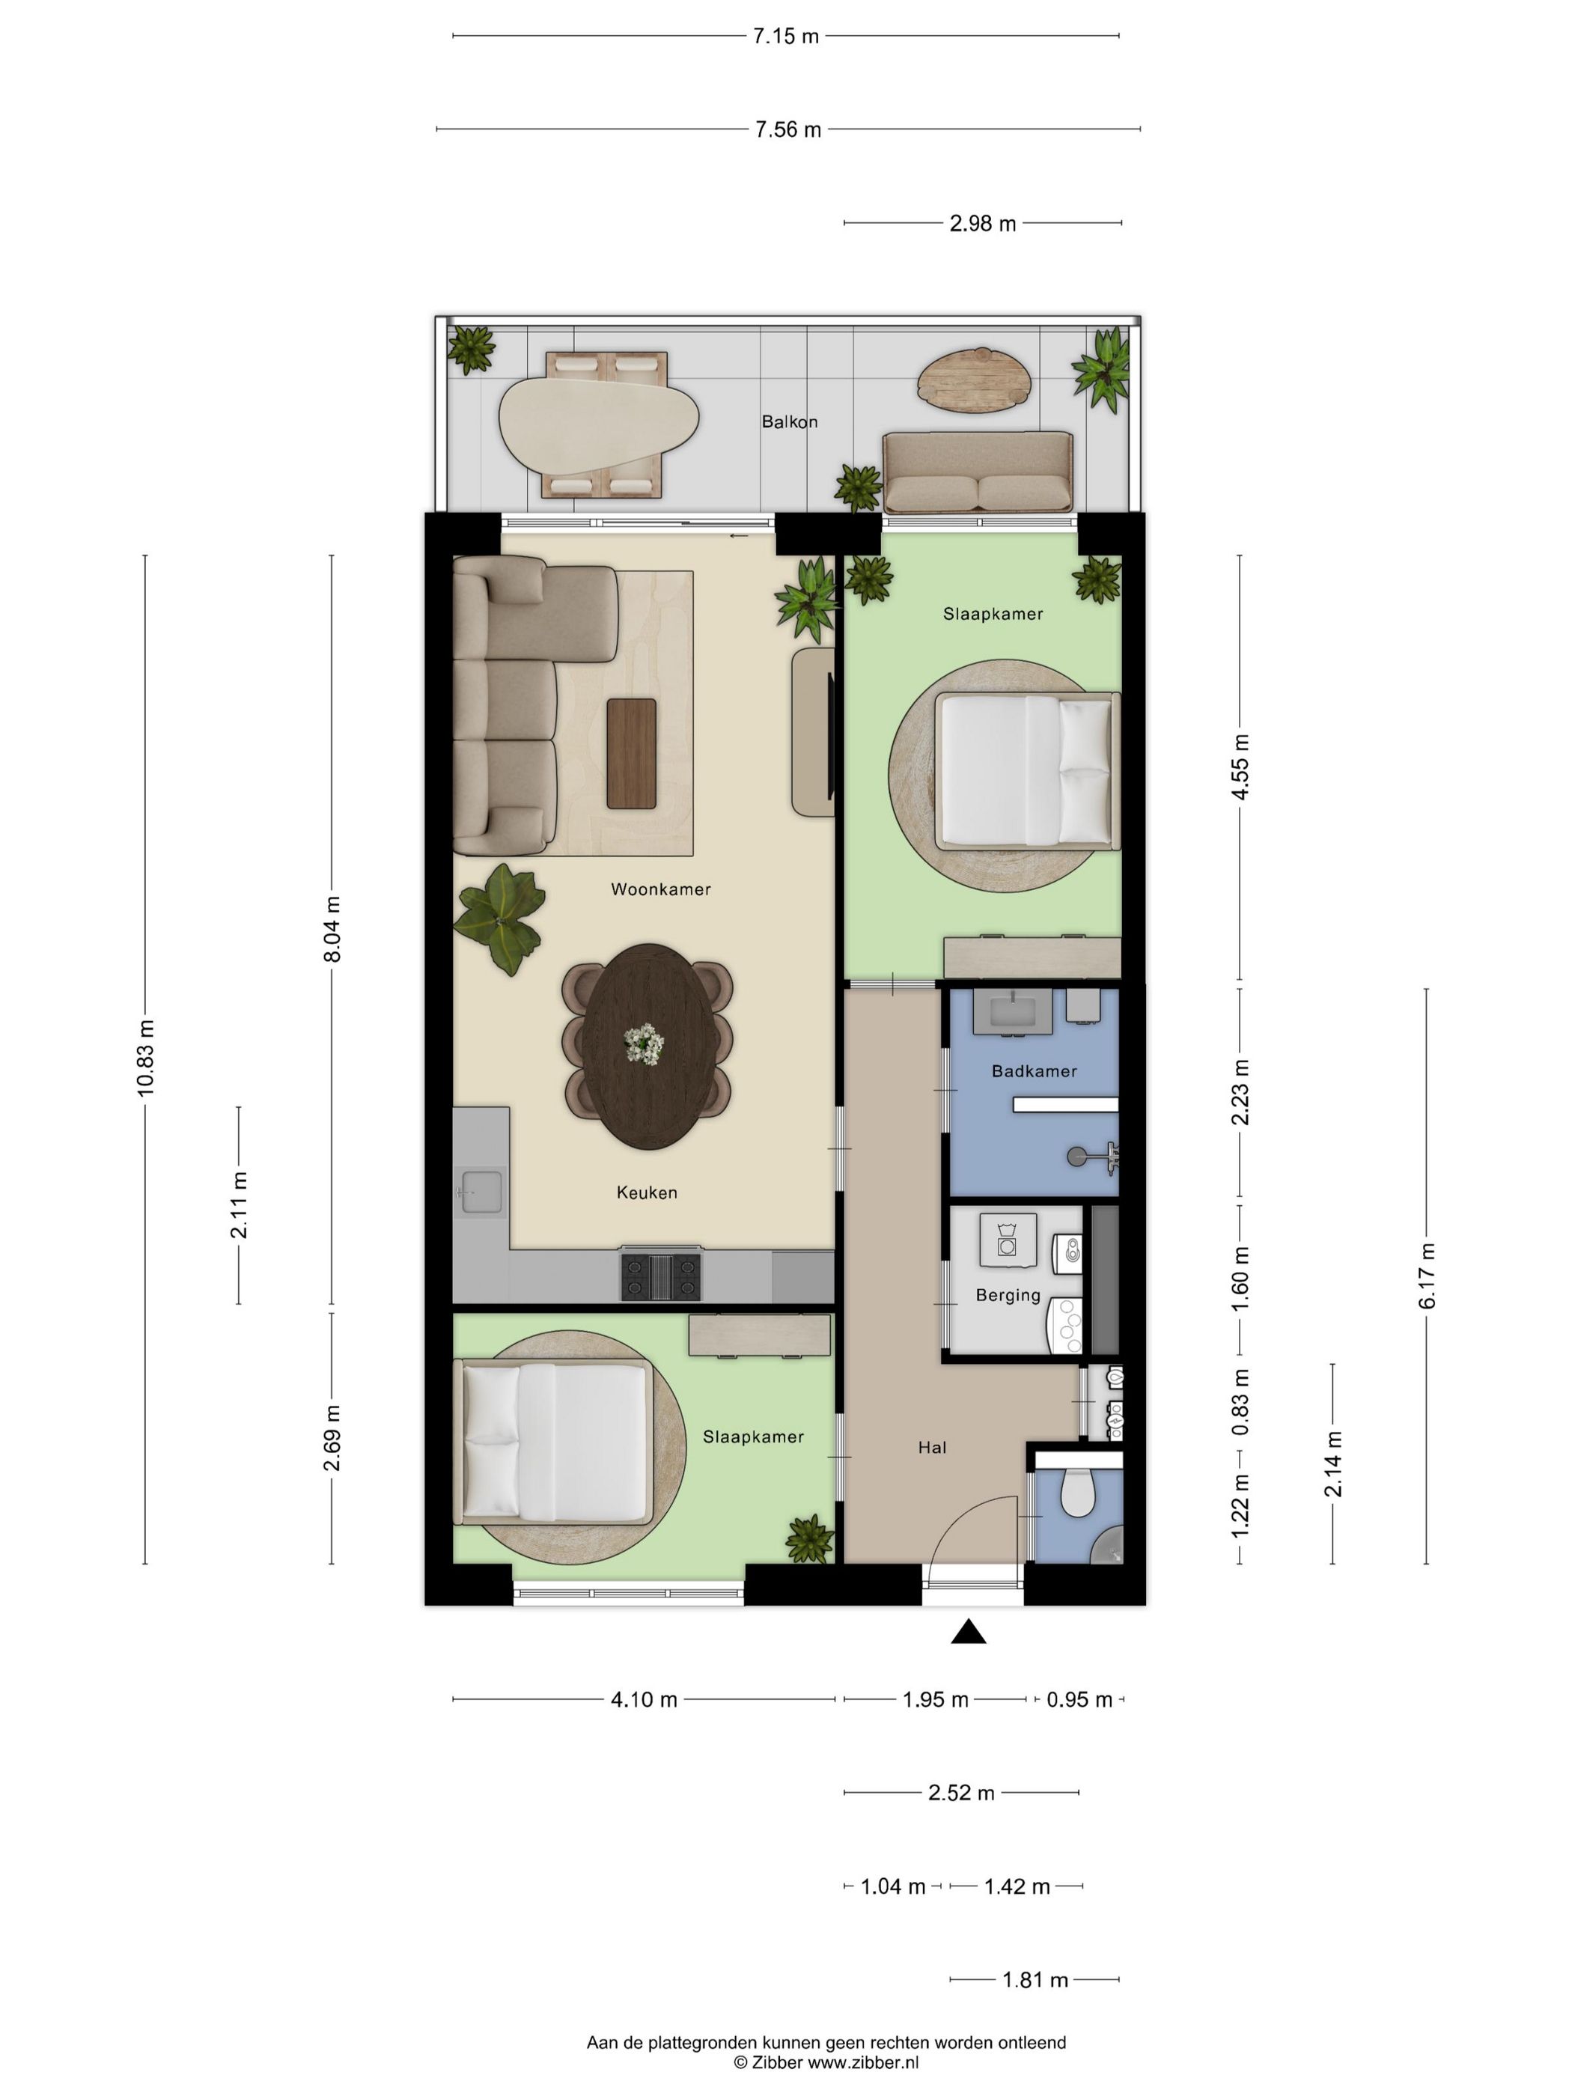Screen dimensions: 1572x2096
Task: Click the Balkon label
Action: [789, 421]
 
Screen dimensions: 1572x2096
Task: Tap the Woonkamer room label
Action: [660, 889]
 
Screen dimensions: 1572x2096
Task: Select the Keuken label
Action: [648, 1192]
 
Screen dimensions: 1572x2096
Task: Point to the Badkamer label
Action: [1034, 1070]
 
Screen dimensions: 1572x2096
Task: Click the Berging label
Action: [1008, 1295]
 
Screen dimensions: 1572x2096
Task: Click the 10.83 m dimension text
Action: [145, 1058]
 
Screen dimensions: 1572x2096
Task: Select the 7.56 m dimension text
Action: [787, 130]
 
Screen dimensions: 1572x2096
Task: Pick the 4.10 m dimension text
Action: [645, 1699]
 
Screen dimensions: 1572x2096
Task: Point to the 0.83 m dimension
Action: [1240, 1401]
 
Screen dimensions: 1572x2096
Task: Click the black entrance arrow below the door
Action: [967, 1630]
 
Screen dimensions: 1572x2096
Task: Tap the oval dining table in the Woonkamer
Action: [648, 1046]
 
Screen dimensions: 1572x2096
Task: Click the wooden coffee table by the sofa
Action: [631, 753]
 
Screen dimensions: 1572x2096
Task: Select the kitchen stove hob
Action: [662, 1275]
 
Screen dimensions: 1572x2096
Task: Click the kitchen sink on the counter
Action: [481, 1192]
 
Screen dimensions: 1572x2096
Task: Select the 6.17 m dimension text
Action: [1427, 1276]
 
